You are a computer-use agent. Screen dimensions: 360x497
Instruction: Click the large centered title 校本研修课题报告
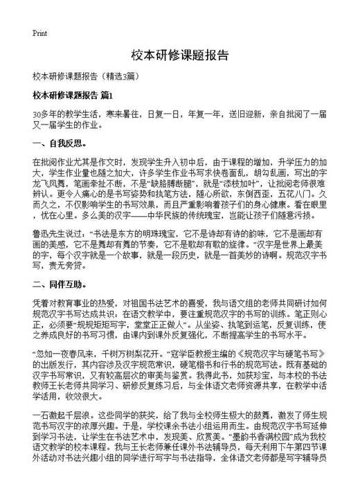point(179,55)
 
